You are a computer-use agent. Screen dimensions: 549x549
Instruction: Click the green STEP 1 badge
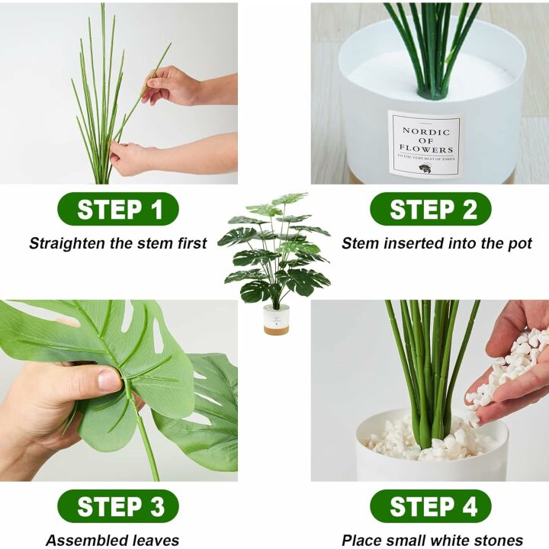click(x=118, y=209)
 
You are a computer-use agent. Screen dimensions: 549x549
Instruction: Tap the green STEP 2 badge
click(x=431, y=209)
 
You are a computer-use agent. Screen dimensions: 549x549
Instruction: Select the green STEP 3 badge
click(x=118, y=506)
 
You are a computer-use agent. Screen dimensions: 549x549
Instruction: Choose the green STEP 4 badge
click(x=431, y=506)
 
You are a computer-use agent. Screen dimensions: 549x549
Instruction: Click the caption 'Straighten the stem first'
click(x=118, y=244)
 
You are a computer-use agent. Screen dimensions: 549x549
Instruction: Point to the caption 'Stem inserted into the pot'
click(x=437, y=244)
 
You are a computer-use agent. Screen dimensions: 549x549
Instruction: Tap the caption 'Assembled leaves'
click(x=112, y=541)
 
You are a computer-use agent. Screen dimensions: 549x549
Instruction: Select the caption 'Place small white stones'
click(x=432, y=541)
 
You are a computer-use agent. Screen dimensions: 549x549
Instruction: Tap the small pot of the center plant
click(x=276, y=319)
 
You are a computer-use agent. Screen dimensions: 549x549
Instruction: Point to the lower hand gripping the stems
click(x=133, y=158)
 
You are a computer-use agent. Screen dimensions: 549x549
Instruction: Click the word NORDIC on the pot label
click(x=426, y=130)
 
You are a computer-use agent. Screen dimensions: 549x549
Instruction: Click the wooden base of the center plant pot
click(x=276, y=329)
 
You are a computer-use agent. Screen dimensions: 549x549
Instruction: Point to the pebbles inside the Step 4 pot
click(x=427, y=441)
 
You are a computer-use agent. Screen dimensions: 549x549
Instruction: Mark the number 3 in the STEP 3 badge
click(x=157, y=506)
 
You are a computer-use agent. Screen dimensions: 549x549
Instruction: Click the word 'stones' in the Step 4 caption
click(x=498, y=541)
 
